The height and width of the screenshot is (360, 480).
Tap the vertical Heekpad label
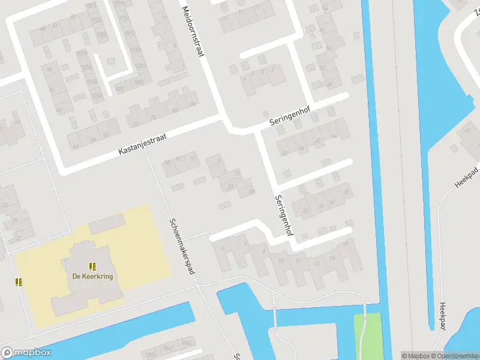coord(443,316)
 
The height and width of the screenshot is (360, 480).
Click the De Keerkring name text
coord(93,277)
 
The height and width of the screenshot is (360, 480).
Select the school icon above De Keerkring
coord(92,266)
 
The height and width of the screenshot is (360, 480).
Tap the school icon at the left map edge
coord(19,282)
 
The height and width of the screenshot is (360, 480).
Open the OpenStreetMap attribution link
coord(455,356)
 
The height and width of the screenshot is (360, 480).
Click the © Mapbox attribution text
coord(416,356)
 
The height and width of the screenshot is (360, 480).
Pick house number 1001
coord(121,89)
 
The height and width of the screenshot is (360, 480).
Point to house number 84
coord(193,104)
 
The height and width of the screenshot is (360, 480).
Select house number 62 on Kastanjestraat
coord(76,146)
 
